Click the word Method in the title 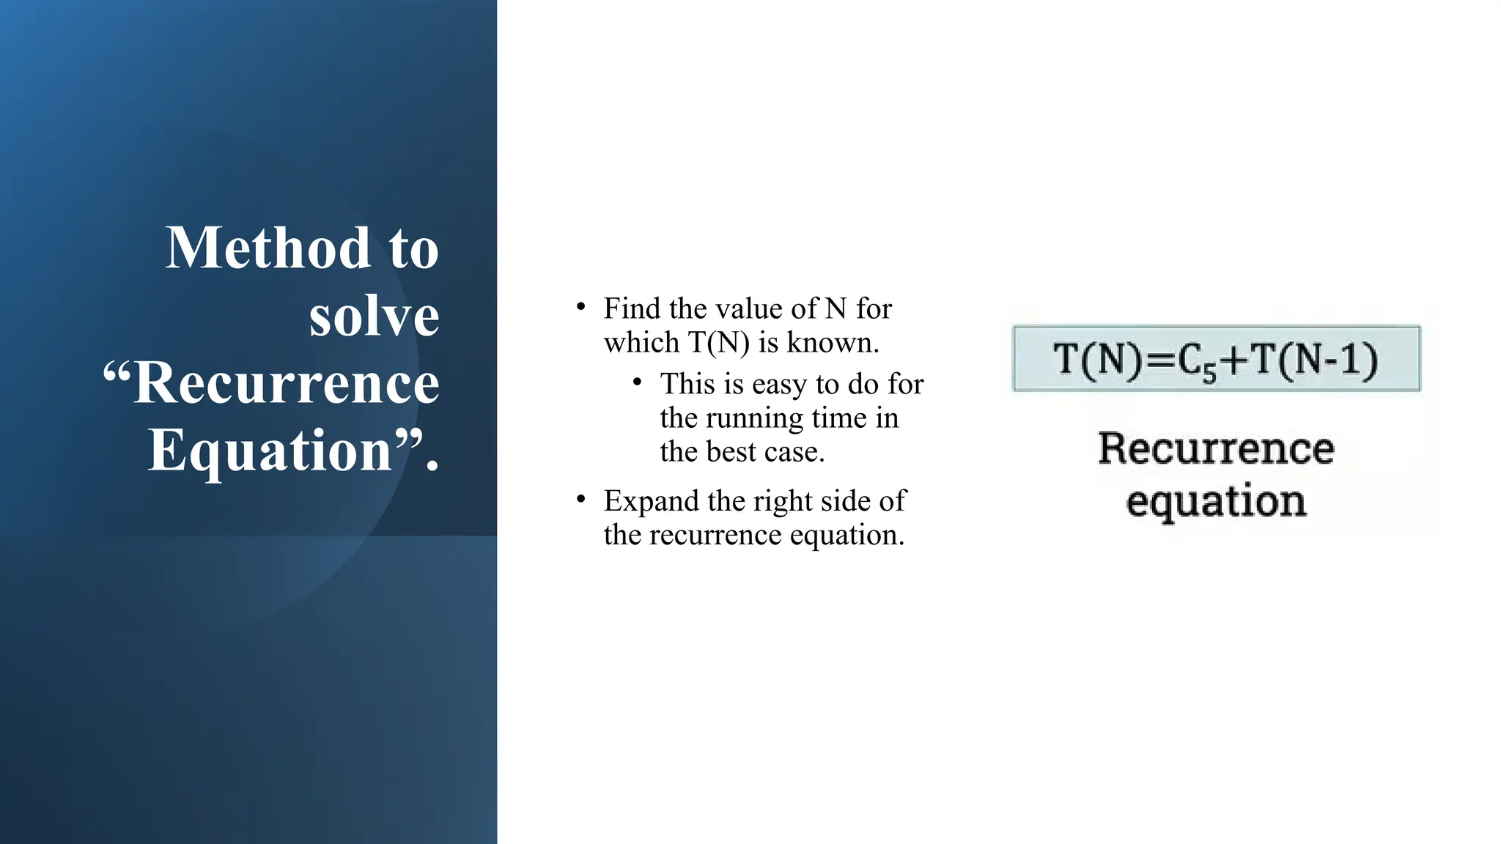[268, 248]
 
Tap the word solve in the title [374, 316]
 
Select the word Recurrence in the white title [286, 383]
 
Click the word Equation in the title [270, 450]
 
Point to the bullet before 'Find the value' [580, 307]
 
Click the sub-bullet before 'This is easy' [638, 382]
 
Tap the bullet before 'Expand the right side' [580, 500]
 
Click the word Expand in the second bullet [652, 502]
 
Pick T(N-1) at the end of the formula [1313, 360]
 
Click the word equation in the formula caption [1216, 502]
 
